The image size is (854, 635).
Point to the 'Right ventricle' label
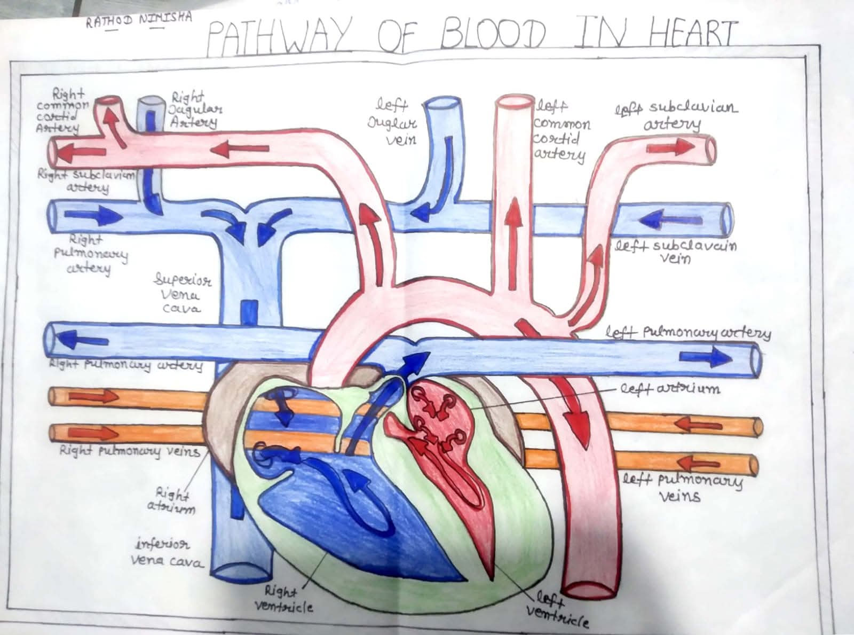coord(283,599)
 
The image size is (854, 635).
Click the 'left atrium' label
coord(669,388)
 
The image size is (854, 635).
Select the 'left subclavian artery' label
coord(676,115)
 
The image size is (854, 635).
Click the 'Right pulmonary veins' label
coord(129,451)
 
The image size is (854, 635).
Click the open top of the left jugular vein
coord(442,106)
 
